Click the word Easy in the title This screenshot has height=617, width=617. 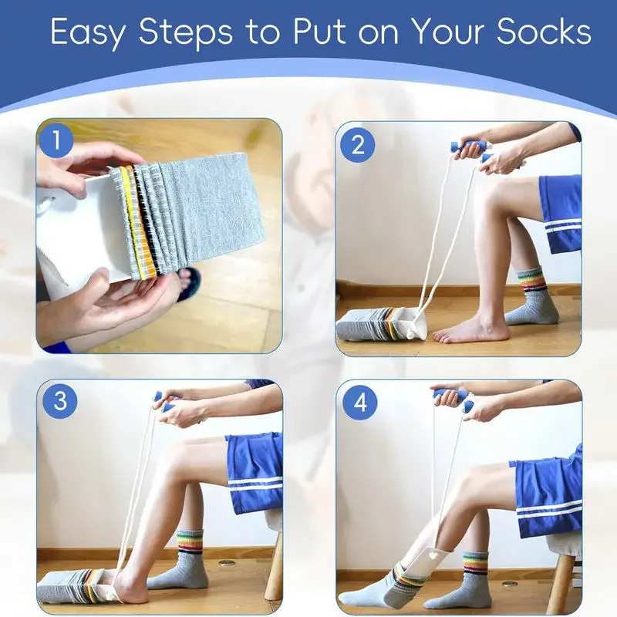[x=91, y=32]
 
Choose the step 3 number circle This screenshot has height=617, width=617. [x=59, y=403]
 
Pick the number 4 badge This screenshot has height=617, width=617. [x=357, y=403]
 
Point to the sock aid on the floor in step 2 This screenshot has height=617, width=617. [x=378, y=324]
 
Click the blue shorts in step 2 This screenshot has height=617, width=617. [x=561, y=212]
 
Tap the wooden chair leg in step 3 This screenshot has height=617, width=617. [x=274, y=571]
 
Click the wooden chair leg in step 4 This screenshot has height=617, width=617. [x=562, y=582]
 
